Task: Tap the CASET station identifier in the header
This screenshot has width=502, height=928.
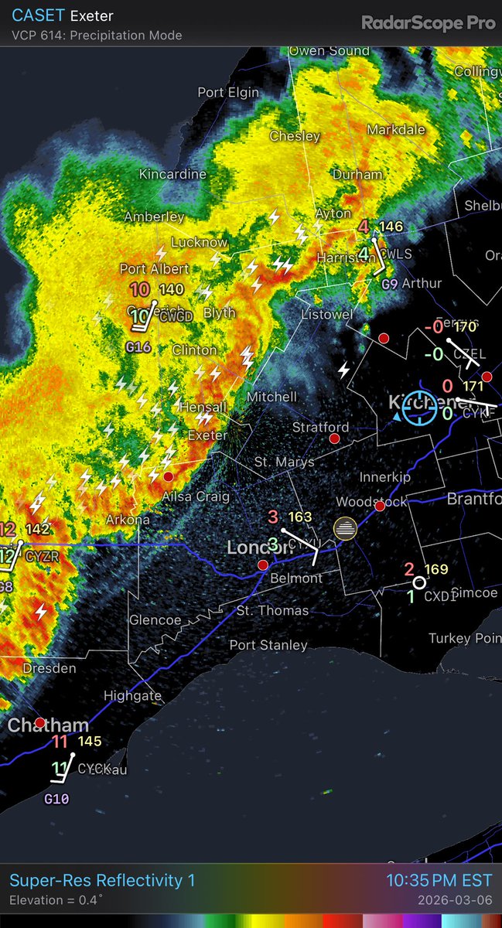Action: pos(37,15)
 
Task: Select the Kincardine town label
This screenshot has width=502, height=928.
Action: pos(172,175)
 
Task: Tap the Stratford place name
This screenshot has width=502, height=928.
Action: pos(320,427)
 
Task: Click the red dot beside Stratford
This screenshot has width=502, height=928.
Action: pos(334,438)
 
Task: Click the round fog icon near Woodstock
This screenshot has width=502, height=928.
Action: pos(345,529)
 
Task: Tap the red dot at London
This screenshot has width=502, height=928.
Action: pos(263,565)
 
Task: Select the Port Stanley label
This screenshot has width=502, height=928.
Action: pos(268,645)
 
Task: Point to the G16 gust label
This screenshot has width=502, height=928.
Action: pos(138,347)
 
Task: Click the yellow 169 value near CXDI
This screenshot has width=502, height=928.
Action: pos(436,570)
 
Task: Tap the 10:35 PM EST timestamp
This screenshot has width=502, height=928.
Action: pos(439,880)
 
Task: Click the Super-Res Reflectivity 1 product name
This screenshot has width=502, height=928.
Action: pos(102,880)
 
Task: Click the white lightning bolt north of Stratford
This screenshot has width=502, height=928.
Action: pos(344,370)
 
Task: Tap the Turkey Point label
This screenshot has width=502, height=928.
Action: pos(465,638)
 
